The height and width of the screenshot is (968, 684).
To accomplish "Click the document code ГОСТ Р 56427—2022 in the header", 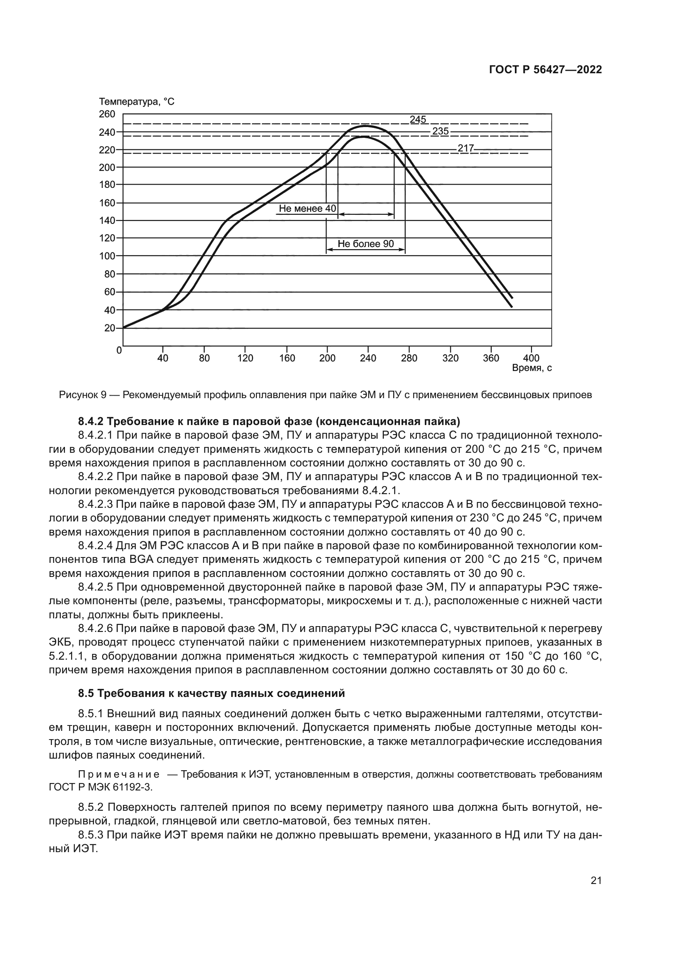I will point(545,70).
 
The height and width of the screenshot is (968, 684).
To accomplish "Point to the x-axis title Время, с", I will point(531,368).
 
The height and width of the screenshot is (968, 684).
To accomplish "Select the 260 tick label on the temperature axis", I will point(107,114).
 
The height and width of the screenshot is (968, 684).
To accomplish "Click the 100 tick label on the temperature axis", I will point(107,256).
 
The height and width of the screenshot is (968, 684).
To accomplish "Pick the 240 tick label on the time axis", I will point(368,358).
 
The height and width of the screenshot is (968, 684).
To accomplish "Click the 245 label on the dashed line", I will point(418,120).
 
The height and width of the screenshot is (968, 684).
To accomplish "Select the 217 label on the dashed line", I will point(466,149).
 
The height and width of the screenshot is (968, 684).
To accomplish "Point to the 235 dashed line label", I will point(440,131).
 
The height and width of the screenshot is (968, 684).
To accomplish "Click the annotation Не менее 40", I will point(307,209).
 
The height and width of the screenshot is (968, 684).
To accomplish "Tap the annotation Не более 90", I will point(366,244).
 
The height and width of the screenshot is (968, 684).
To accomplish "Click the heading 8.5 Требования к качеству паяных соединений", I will point(211,694).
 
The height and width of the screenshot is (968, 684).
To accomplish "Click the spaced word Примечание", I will point(118,774).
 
